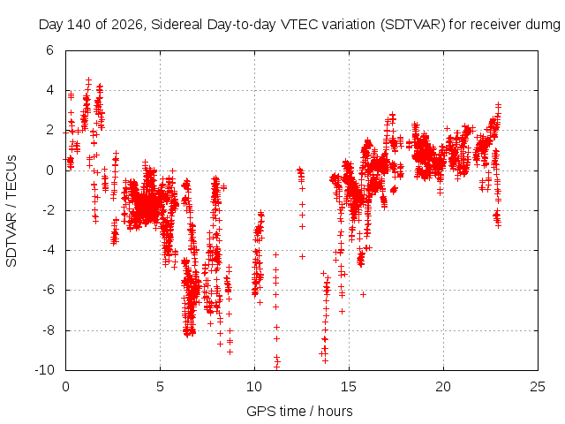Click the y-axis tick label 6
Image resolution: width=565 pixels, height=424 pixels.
(x=49, y=50)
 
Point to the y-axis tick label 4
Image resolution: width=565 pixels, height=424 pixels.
(x=49, y=90)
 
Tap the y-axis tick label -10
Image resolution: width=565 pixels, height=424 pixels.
(x=44, y=370)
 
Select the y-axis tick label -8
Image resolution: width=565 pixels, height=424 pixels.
(x=48, y=330)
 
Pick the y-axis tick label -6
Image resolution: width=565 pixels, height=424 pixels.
(x=48, y=290)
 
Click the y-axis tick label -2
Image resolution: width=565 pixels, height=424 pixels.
(x=48, y=210)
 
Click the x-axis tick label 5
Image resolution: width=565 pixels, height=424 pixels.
(x=160, y=387)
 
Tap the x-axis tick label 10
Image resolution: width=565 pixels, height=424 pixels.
(x=254, y=387)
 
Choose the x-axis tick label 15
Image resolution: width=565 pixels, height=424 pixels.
(x=349, y=387)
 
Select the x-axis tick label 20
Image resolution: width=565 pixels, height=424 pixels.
(x=443, y=387)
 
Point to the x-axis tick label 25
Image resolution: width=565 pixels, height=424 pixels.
(x=538, y=387)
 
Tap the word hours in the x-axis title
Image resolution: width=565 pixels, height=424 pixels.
(x=335, y=411)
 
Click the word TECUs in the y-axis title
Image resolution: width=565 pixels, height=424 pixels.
(x=11, y=176)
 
